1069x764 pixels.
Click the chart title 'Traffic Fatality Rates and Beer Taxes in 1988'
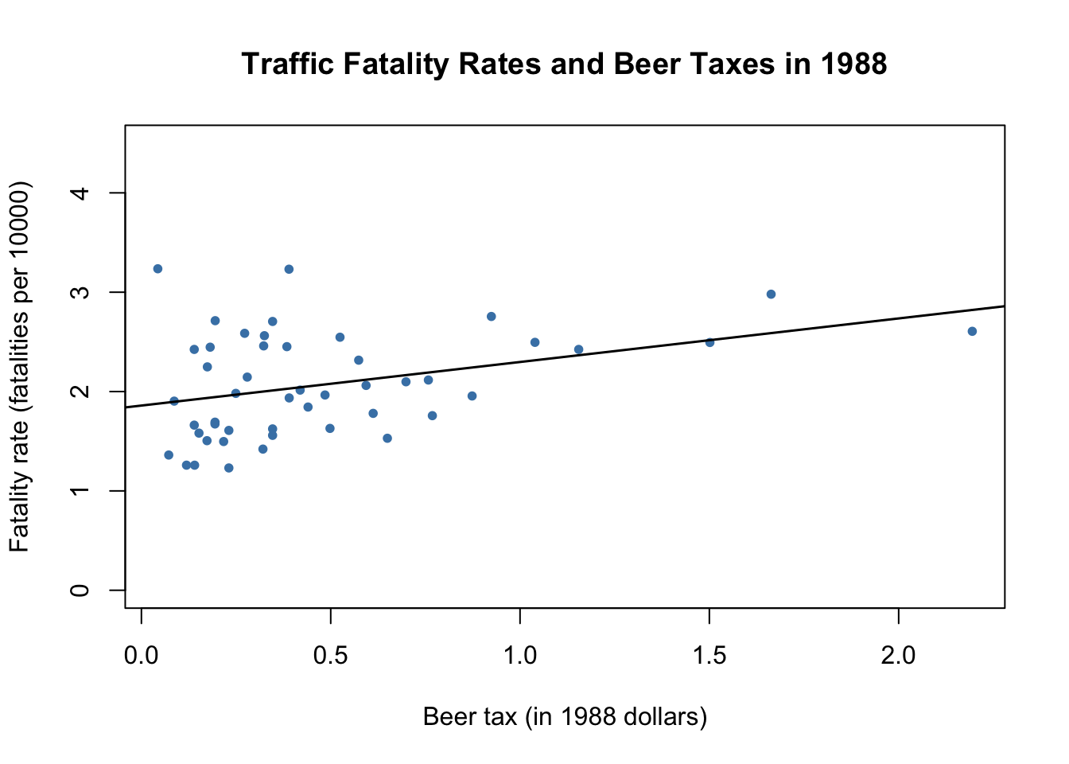click(x=564, y=64)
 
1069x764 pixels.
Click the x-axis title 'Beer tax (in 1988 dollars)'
click(x=565, y=717)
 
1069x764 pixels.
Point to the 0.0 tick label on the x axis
click(x=142, y=656)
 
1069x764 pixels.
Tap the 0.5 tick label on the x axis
click(x=331, y=656)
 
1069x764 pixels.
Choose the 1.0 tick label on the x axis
click(x=520, y=656)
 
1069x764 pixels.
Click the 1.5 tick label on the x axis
click(x=709, y=656)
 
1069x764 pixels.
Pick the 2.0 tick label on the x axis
click(x=898, y=656)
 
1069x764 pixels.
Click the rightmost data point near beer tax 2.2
click(x=972, y=331)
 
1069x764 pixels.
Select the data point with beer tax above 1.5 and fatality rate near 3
click(x=771, y=294)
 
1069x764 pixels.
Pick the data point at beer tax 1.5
click(x=709, y=342)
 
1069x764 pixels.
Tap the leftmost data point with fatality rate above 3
click(x=157, y=269)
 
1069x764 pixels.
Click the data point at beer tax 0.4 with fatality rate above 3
click(x=289, y=269)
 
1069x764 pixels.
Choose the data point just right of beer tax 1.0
click(x=534, y=342)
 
